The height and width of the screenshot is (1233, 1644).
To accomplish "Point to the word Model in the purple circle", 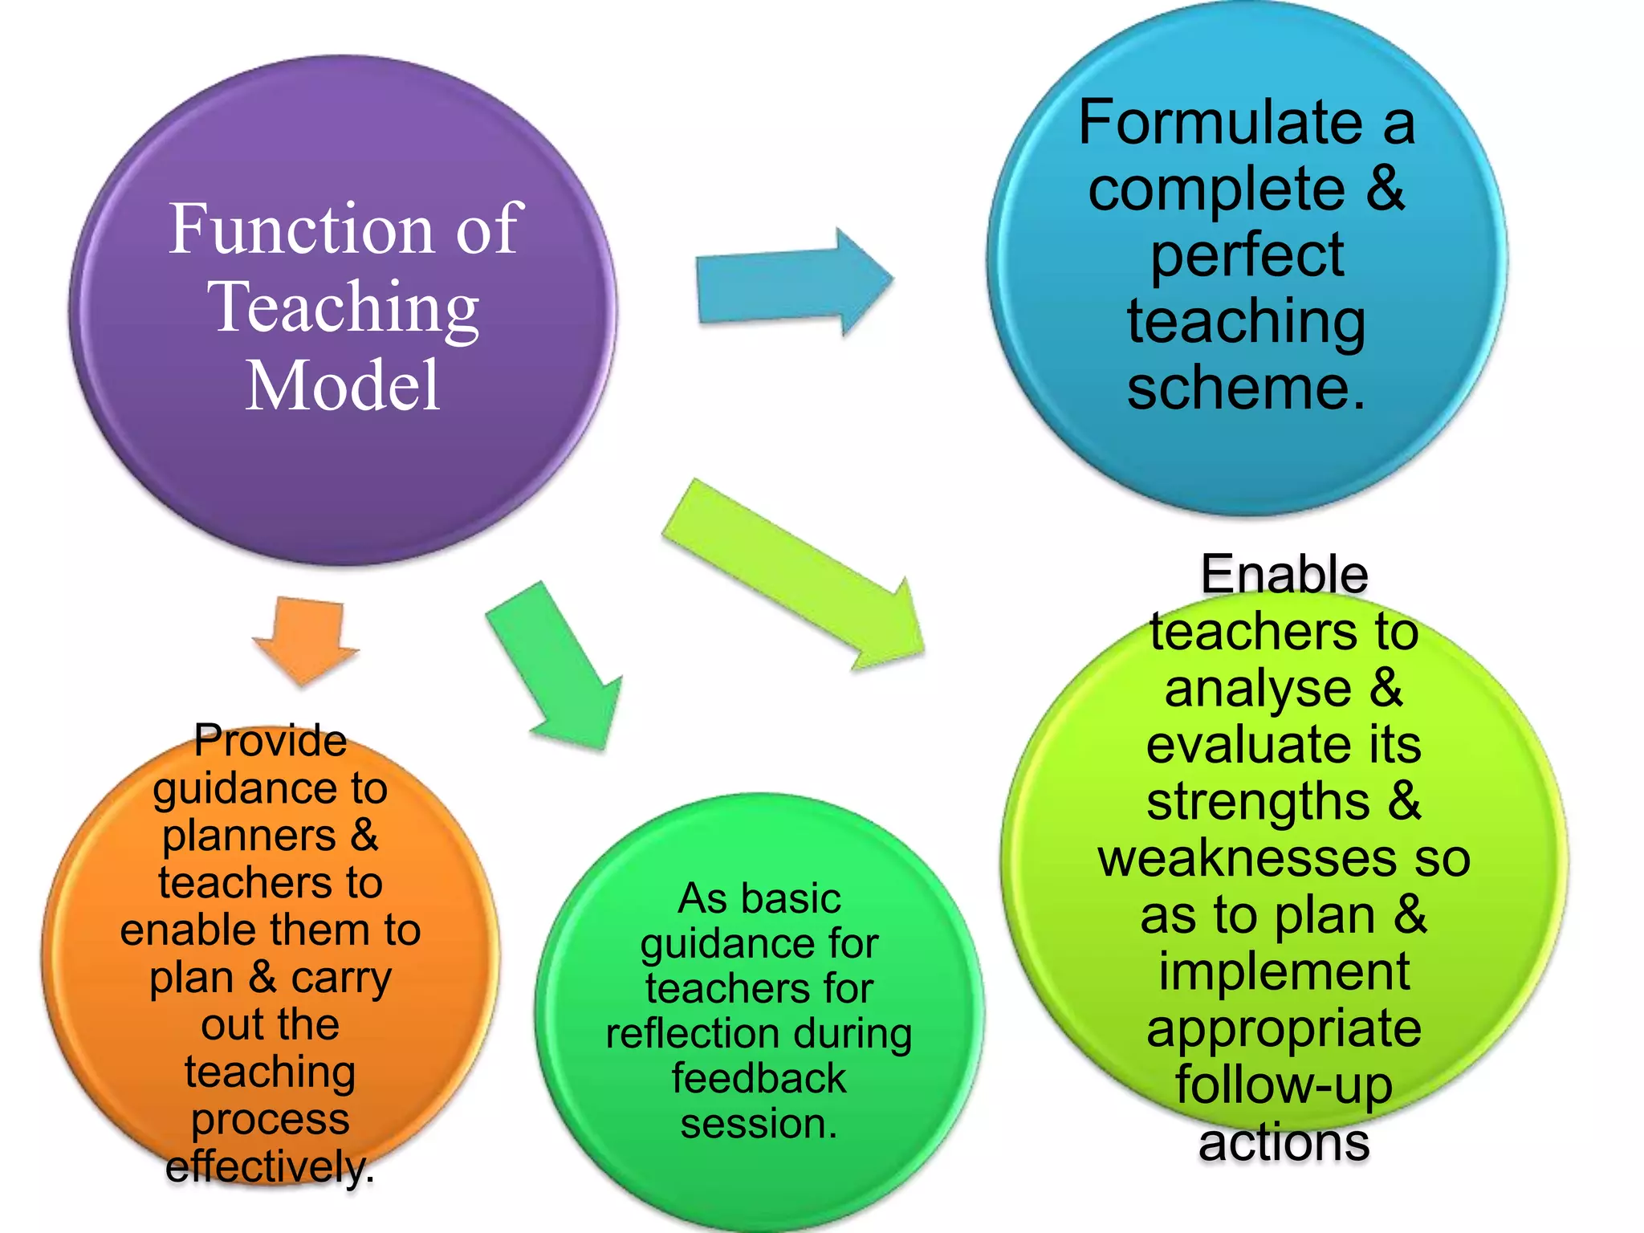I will [343, 386].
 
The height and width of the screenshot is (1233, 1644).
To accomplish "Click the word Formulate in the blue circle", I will [1219, 123].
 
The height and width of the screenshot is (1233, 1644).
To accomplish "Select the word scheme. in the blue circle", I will [1245, 389].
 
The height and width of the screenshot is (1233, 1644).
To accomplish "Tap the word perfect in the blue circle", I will [1247, 256].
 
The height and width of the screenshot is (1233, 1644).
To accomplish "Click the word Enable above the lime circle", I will [1284, 575].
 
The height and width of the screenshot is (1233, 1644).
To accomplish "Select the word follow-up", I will [1284, 1085].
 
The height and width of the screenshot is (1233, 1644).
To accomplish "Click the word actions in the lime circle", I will [1284, 1142].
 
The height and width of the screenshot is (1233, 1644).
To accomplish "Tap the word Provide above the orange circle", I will [271, 740].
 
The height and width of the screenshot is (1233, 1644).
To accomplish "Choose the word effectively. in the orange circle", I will [271, 1166].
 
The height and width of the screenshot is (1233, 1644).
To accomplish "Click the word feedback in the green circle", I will [759, 1078].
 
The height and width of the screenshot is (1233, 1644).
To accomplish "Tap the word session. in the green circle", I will [759, 1123].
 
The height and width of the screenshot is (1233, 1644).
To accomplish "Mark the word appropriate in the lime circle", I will [1284, 1029].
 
